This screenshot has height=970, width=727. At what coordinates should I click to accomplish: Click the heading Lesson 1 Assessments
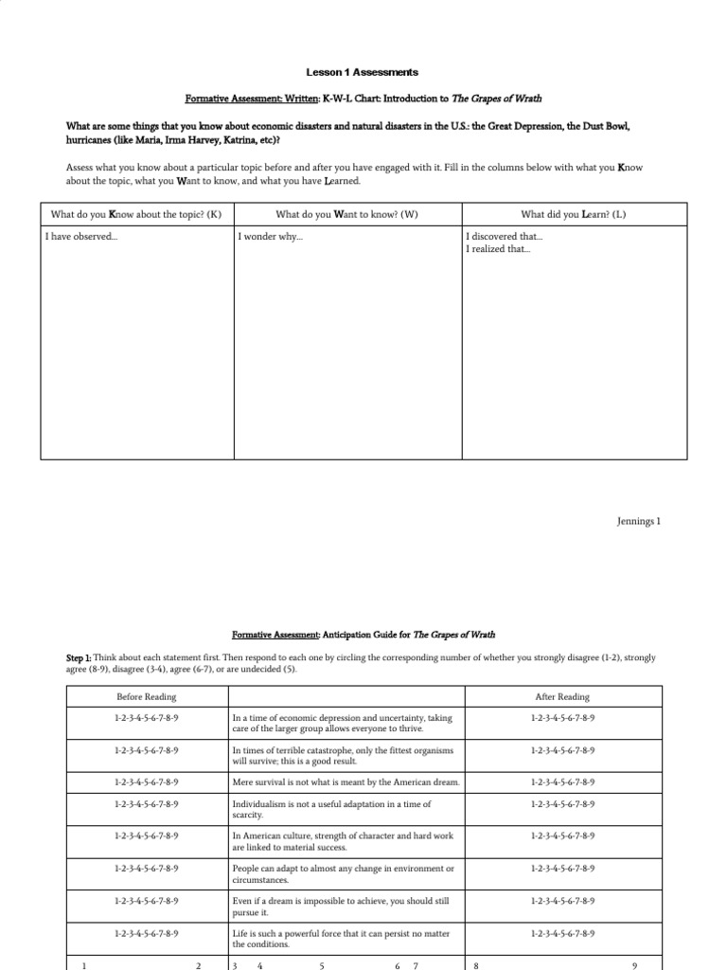coord(363,72)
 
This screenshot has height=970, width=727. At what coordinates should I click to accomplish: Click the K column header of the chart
coord(136,214)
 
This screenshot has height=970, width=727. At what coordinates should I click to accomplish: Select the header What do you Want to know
coord(347,214)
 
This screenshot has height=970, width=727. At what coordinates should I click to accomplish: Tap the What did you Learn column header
coord(573,214)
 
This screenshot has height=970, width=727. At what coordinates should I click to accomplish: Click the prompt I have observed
coord(81,236)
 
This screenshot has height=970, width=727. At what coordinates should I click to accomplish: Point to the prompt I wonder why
coord(271,236)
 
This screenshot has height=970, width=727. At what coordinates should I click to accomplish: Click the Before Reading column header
coord(146,697)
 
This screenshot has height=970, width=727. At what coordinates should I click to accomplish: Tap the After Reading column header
coord(562,697)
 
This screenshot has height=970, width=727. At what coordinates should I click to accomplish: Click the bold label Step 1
coord(79,657)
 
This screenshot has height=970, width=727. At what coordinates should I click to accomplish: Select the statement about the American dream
coord(346,782)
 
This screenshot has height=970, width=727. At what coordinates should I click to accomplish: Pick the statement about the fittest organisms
coord(343,755)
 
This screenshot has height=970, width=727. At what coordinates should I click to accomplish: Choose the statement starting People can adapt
coord(343,872)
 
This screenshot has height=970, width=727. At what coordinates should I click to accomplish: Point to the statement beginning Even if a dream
coord(341,907)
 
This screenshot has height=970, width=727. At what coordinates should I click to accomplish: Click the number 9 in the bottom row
coord(634,965)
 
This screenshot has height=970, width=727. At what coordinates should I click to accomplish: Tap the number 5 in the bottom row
coord(322,965)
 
